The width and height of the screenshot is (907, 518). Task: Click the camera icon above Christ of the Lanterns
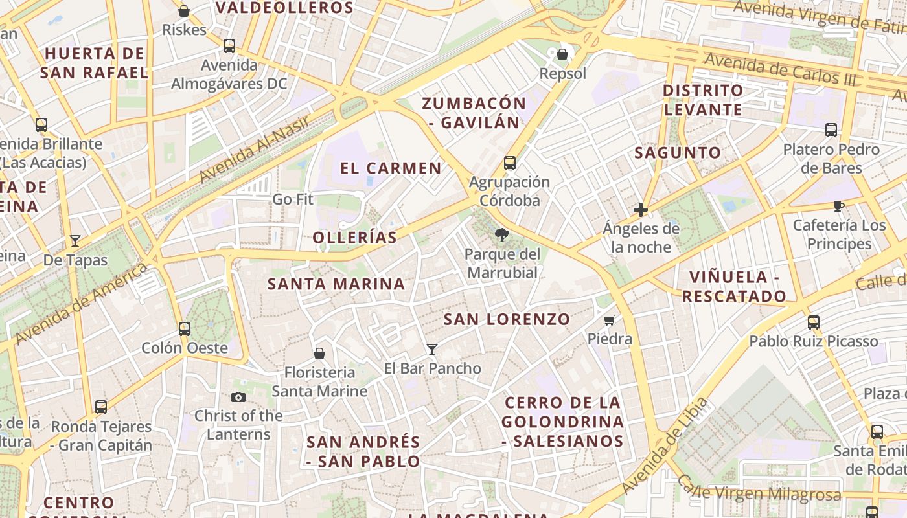(x=238, y=397)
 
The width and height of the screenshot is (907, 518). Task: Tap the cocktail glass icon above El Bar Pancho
(x=432, y=350)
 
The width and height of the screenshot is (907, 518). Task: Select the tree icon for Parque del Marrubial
(x=502, y=235)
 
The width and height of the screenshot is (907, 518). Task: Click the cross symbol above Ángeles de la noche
(x=641, y=210)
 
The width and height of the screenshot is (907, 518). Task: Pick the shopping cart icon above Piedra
(x=610, y=320)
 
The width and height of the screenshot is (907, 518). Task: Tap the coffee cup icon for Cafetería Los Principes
(x=839, y=207)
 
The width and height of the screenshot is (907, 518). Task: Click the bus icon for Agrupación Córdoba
(x=510, y=163)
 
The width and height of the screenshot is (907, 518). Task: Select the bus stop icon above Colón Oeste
(x=185, y=328)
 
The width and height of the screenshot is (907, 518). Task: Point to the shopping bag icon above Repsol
(x=562, y=54)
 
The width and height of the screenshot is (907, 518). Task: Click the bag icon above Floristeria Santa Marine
(x=319, y=354)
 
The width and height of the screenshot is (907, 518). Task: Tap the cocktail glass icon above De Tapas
(x=75, y=241)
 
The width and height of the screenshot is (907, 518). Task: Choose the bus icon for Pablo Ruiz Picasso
(x=814, y=322)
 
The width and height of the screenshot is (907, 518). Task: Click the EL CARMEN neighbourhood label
(x=391, y=168)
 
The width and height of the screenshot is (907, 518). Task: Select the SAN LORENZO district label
(x=507, y=319)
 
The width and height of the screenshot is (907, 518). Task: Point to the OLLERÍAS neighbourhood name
(x=354, y=238)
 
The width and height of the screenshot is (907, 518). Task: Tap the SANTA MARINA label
(x=336, y=284)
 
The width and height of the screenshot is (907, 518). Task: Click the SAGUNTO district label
(x=678, y=153)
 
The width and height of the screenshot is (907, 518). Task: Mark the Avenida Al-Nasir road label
(x=254, y=147)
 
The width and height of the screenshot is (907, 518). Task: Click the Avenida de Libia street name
(x=665, y=445)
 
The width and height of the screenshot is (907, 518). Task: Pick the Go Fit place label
(x=292, y=199)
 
